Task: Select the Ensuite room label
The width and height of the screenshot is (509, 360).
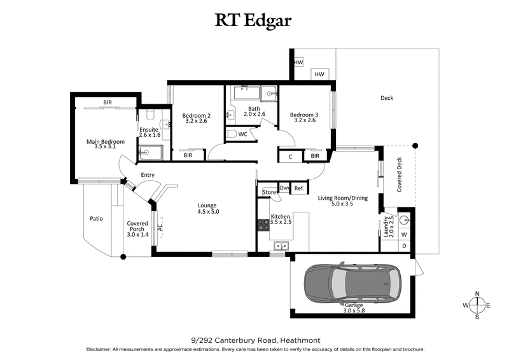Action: pyautogui.click(x=150, y=131)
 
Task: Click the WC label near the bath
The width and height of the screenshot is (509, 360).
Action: pyautogui.click(x=242, y=134)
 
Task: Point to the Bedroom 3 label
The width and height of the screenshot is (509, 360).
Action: pyautogui.click(x=304, y=118)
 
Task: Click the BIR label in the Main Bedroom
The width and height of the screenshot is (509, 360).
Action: pyautogui.click(x=108, y=102)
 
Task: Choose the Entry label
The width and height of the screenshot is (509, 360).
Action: pyautogui.click(x=148, y=175)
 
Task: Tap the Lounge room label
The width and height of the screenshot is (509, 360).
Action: pyautogui.click(x=208, y=209)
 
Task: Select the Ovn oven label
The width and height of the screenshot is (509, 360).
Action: pyautogui.click(x=284, y=188)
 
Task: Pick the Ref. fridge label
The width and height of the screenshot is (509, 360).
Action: pyautogui.click(x=299, y=188)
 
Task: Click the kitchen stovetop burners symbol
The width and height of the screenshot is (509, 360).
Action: pyautogui.click(x=262, y=225)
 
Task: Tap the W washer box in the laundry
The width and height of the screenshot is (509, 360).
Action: pyautogui.click(x=404, y=234)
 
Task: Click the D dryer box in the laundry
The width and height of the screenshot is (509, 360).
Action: pyautogui.click(x=404, y=246)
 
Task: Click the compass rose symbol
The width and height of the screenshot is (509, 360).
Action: pyautogui.click(x=477, y=306)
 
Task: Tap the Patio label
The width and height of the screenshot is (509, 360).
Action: pyautogui.click(x=96, y=219)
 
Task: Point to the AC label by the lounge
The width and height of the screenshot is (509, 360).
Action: pyautogui.click(x=160, y=225)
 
